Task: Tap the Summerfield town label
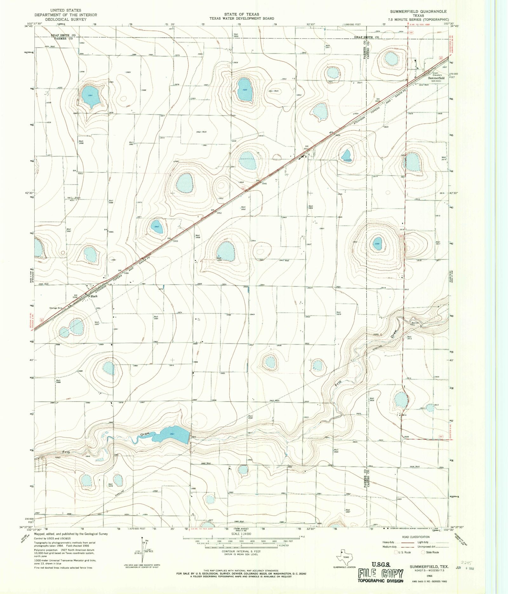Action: [436, 78]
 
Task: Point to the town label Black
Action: [94, 296]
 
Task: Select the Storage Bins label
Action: [56, 308]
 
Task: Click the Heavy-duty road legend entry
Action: [390, 542]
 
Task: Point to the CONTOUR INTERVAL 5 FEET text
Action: [241, 551]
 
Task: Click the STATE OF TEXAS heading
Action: [241, 14]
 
